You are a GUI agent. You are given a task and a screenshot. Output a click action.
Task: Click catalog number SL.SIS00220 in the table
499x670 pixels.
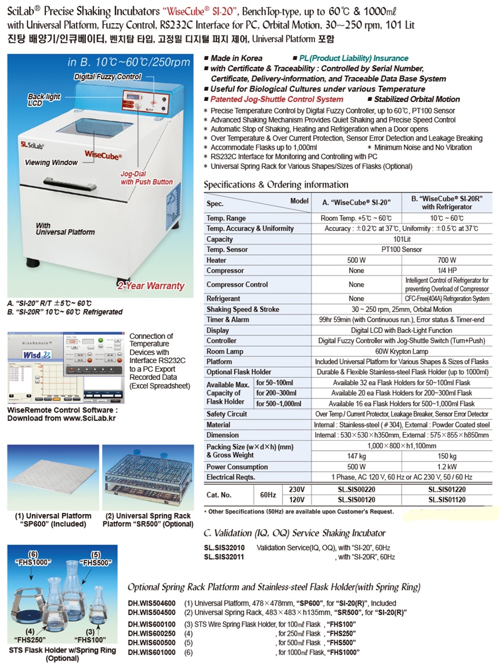(x=356, y=489)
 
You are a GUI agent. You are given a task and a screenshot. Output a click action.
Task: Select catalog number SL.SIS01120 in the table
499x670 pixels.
(x=448, y=499)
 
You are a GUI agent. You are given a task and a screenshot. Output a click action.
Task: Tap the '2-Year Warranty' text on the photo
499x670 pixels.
(x=151, y=285)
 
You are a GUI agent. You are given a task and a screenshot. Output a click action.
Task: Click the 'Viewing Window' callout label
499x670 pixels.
(x=51, y=163)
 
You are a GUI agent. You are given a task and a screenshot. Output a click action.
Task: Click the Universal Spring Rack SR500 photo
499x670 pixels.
(x=147, y=477)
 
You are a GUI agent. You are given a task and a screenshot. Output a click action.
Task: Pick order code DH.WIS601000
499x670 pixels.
(x=151, y=653)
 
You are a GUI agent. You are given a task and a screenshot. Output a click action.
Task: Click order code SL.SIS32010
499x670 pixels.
(x=225, y=548)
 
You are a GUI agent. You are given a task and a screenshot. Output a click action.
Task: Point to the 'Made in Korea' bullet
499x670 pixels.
(x=236, y=58)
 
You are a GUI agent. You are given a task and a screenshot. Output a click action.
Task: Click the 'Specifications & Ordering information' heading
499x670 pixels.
(x=276, y=184)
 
